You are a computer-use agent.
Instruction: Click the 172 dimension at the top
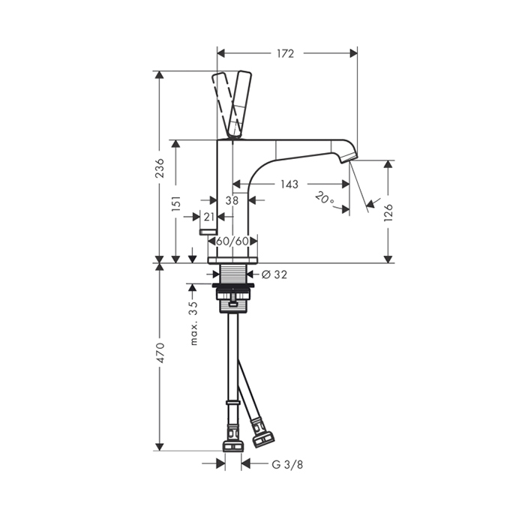pos(285,53)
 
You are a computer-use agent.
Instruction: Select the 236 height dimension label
pos(161,168)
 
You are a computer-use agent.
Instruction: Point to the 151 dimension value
pos(176,203)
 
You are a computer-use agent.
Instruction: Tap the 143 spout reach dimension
pos(289,184)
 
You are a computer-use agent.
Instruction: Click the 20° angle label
pos(325,197)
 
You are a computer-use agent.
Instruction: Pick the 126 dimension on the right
pos(388,212)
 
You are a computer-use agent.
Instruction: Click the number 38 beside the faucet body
pos(232,200)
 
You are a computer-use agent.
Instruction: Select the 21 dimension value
pos(209,217)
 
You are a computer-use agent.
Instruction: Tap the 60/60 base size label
pos(232,241)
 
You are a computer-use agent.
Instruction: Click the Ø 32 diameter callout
pos(274,274)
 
